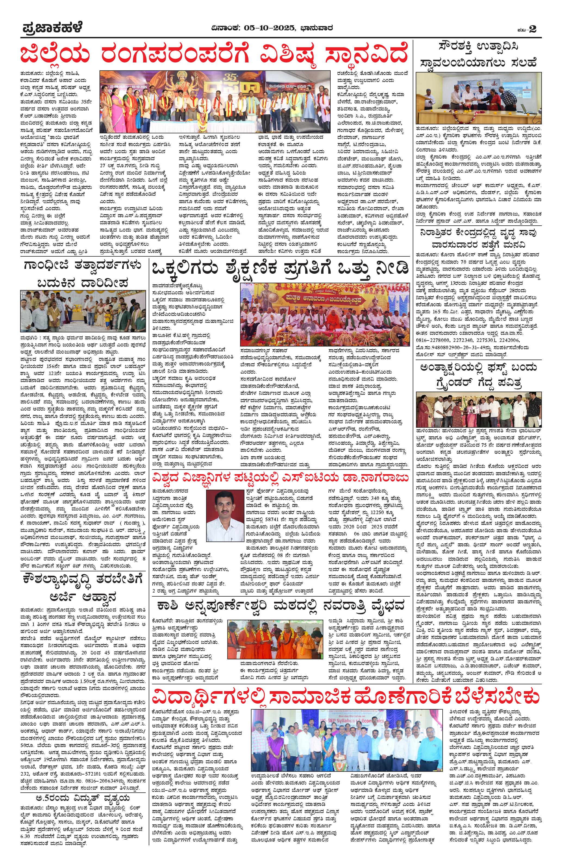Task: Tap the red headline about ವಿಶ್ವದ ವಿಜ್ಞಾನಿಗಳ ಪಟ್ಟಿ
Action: pyautogui.click(x=280, y=477)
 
